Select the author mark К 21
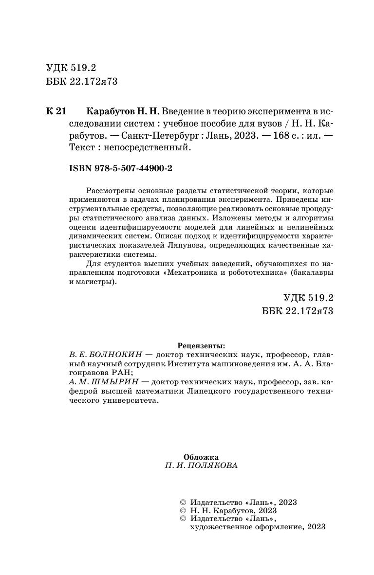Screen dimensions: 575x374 (x=56, y=111)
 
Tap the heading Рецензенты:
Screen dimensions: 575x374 (x=201, y=346)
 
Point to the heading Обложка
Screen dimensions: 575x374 (x=201, y=457)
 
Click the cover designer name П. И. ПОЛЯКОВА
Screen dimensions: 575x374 (x=201, y=466)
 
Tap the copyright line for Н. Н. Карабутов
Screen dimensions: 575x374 (x=234, y=511)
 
